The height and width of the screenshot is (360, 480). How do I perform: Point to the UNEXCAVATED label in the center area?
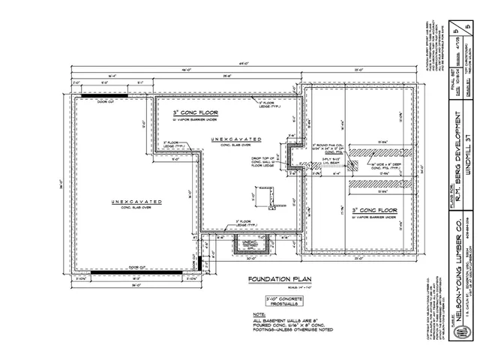[x=236, y=139]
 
